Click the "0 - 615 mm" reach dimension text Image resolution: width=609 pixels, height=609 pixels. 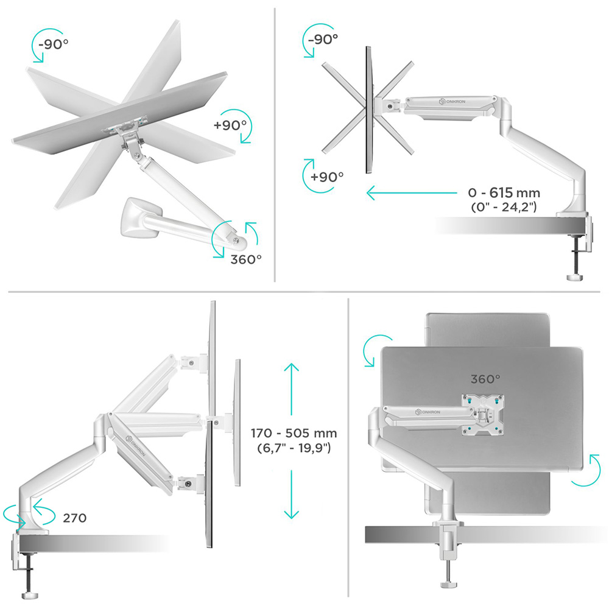(x=504, y=192)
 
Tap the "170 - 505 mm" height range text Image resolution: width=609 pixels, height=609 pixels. (x=294, y=433)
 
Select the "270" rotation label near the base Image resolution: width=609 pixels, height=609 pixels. (x=74, y=518)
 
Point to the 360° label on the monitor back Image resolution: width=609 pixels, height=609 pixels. (x=485, y=379)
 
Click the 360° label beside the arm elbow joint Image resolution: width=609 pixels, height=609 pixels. (x=246, y=259)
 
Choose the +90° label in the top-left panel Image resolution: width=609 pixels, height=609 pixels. (x=230, y=125)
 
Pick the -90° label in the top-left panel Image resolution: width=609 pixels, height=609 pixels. (x=53, y=44)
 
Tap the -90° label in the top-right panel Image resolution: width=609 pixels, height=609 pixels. (x=323, y=39)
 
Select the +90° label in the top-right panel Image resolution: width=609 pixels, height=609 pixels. (x=327, y=177)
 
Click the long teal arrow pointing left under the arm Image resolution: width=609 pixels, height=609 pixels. (x=412, y=192)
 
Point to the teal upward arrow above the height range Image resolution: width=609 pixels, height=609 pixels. (x=291, y=389)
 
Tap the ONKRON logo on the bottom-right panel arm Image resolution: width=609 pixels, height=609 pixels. (x=428, y=412)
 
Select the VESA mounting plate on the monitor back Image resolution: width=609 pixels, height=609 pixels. (x=482, y=414)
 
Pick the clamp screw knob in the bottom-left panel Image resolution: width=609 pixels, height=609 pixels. (x=29, y=595)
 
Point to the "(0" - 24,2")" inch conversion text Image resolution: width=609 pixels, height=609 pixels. (x=504, y=207)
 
